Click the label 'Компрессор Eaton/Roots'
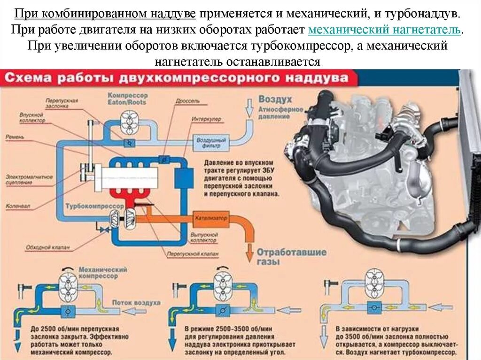tap(127, 98)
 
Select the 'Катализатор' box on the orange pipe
tap(210, 218)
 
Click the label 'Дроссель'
tap(187, 100)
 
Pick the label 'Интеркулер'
tap(206, 119)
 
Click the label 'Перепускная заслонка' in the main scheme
tap(62, 103)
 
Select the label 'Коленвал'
tap(16, 206)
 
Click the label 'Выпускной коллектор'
tap(203, 237)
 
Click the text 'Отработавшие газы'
tap(291, 256)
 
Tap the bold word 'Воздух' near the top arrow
tap(275, 100)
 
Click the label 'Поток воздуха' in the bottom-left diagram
tap(140, 303)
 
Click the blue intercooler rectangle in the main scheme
tap(184, 179)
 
